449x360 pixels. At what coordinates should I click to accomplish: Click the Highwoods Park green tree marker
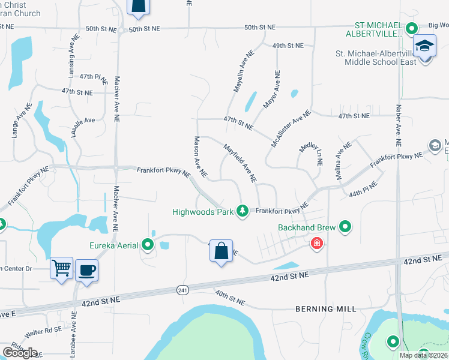(243, 211)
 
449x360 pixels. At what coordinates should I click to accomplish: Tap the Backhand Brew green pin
(345, 227)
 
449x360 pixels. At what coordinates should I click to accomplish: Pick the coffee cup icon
(86, 269)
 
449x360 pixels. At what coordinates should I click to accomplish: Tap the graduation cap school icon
(424, 46)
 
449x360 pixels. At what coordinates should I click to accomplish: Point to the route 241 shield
(182, 290)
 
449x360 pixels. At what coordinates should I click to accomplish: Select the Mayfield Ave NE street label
(241, 163)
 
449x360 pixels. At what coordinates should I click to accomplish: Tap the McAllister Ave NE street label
(291, 129)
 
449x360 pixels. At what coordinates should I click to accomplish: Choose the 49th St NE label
(288, 46)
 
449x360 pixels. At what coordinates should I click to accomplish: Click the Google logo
(20, 352)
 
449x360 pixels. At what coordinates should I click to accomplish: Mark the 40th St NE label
(229, 298)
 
